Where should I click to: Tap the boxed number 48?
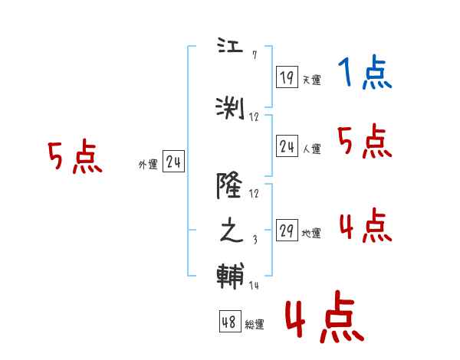tap(229, 322)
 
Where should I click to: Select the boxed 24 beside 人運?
tap(287, 146)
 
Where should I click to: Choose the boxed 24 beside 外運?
tap(173, 162)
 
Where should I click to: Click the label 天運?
tap(311, 80)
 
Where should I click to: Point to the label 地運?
tap(311, 234)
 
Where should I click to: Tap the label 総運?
tap(255, 325)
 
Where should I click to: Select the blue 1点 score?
tap(364, 74)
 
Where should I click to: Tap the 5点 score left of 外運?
tap(74, 158)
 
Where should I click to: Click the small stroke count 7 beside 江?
tap(254, 55)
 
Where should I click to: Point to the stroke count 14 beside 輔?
tap(255, 285)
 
